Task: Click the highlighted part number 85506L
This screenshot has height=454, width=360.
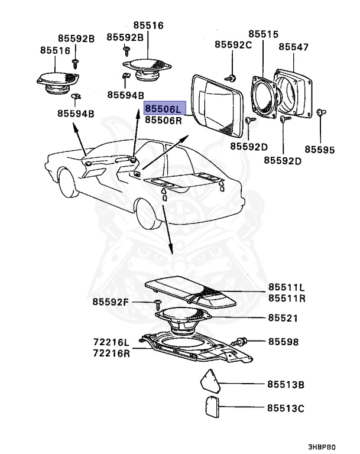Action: pos(165,109)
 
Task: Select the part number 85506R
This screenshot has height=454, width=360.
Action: pos(165,120)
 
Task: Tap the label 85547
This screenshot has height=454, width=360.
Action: pos(293,46)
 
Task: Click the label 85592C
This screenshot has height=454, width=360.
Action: pos(233,44)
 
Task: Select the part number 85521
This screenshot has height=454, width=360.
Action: pos(283,318)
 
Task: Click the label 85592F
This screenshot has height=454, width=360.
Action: pos(110,302)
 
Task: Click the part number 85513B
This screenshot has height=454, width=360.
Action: pos(285,385)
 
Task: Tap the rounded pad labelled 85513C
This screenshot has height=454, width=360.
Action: pos(211,408)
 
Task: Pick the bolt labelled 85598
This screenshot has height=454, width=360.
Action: pos(242,341)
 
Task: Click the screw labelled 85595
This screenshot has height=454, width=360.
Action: pos(320,112)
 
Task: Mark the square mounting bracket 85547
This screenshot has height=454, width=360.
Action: pos(294,95)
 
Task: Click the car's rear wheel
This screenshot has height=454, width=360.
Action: pos(148,216)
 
